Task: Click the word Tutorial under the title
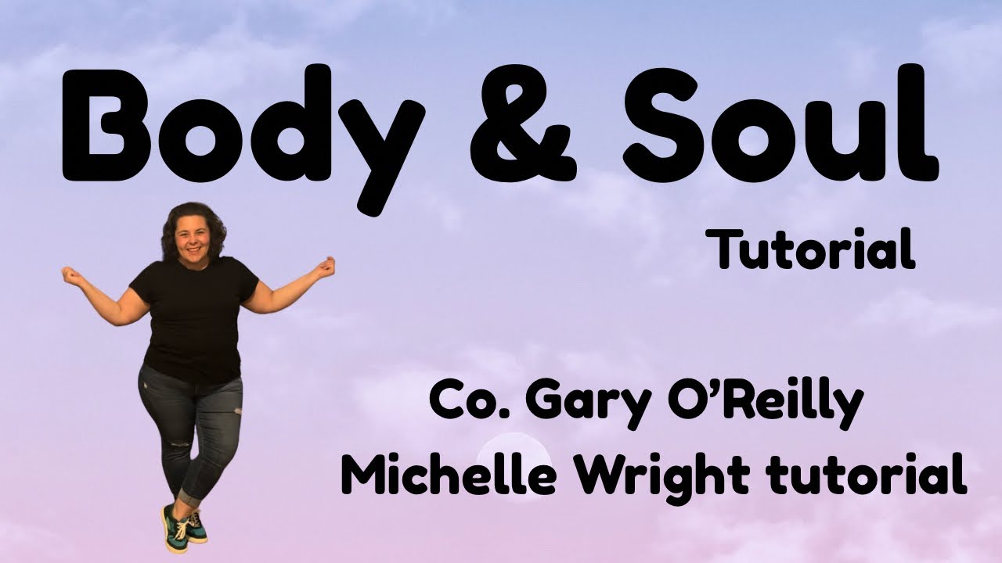tap(814, 249)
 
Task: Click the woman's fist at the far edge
tap(70, 274)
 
